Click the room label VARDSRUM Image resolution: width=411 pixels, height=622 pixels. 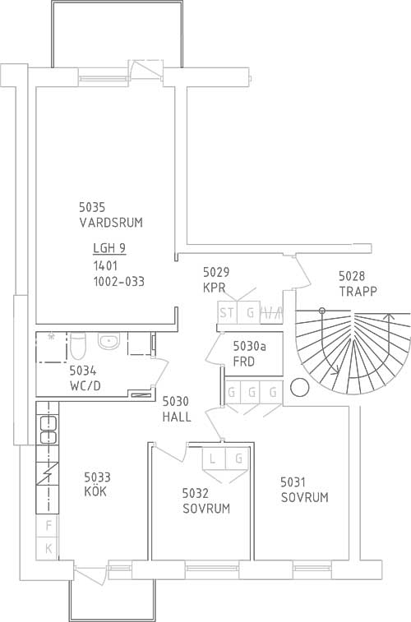click(x=111, y=223)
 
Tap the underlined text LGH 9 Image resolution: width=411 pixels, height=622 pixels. click(x=109, y=248)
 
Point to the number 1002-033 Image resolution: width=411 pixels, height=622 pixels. click(x=119, y=282)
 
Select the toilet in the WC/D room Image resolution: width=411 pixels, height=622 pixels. click(x=78, y=345)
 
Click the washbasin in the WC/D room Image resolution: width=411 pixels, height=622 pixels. click(x=109, y=342)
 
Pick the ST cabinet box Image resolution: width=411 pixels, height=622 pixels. click(x=227, y=312)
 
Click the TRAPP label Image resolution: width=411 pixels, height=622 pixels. click(x=358, y=291)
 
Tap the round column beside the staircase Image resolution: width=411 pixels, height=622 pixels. click(x=299, y=388)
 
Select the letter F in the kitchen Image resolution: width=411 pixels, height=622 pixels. click(x=48, y=526)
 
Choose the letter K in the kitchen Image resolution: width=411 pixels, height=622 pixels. click(x=48, y=549)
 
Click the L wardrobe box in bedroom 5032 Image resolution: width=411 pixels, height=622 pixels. click(x=214, y=459)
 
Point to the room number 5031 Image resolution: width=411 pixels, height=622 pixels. click(x=293, y=482)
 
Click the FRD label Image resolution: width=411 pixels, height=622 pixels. click(x=244, y=362)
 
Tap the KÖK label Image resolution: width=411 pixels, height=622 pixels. click(x=95, y=491)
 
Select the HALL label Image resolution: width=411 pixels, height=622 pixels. click(x=177, y=417)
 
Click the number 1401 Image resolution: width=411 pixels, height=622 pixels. click(x=105, y=265)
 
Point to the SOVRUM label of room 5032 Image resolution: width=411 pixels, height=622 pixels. click(x=206, y=509)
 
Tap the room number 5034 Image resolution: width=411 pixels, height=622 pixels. click(x=82, y=371)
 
